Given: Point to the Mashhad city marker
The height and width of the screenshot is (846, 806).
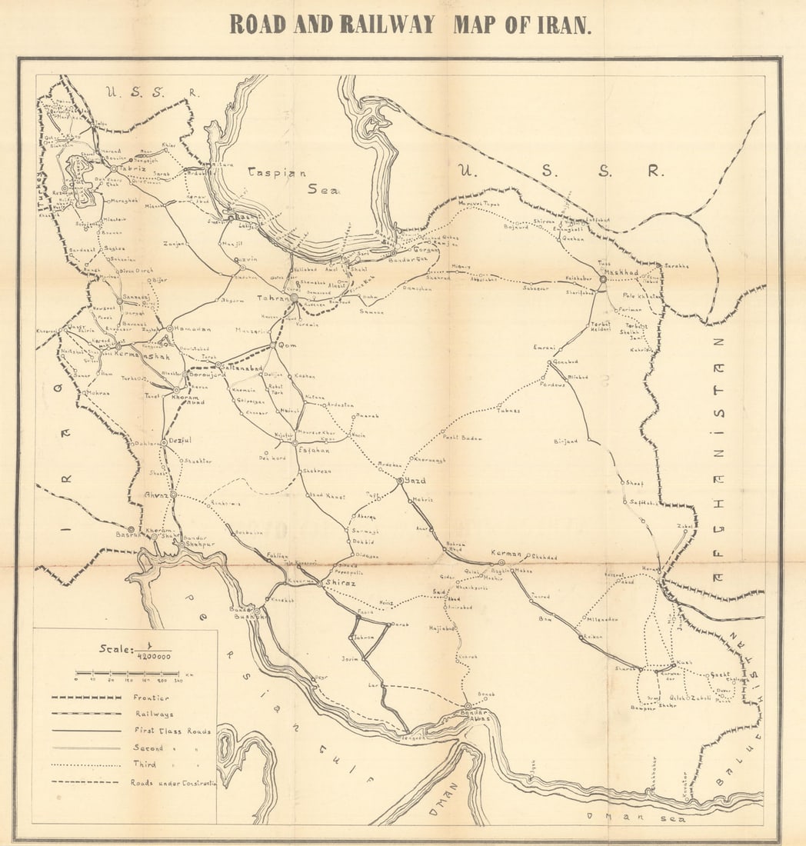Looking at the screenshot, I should [x=603, y=279].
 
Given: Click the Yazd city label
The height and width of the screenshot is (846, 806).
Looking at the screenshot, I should [x=415, y=481].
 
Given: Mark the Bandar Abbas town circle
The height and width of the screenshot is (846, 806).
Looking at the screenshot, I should [x=468, y=706].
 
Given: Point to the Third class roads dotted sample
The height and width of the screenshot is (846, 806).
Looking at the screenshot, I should [x=86, y=765].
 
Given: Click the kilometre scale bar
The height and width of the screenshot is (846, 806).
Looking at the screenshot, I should [x=127, y=673].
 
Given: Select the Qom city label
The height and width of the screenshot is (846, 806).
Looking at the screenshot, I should [x=287, y=346].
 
